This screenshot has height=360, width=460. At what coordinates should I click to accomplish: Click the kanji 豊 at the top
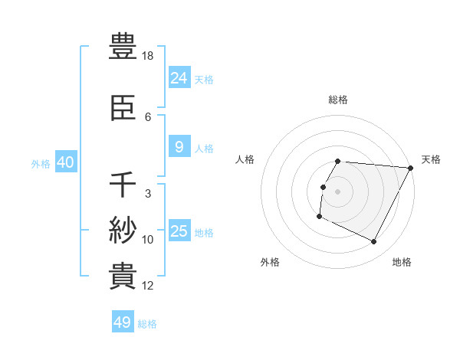pyautogui.click(x=123, y=47)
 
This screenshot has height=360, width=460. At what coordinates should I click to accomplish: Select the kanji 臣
pyautogui.click(x=123, y=110)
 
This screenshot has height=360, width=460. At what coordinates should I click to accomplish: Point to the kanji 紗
pyautogui.click(x=123, y=230)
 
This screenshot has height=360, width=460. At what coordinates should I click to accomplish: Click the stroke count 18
pyautogui.click(x=149, y=57)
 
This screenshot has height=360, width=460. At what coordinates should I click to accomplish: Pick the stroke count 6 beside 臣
pyautogui.click(x=148, y=117)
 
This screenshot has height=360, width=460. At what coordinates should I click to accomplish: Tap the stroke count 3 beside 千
pyautogui.click(x=148, y=194)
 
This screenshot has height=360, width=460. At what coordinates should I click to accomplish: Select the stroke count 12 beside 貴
pyautogui.click(x=148, y=286)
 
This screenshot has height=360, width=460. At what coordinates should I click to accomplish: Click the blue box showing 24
pyautogui.click(x=179, y=77)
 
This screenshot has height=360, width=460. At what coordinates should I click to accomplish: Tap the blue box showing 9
pyautogui.click(x=179, y=147)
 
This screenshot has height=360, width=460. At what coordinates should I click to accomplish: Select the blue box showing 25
pyautogui.click(x=179, y=231)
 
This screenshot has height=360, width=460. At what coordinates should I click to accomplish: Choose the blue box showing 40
pyautogui.click(x=66, y=162)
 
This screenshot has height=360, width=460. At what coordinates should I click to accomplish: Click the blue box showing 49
pyautogui.click(x=123, y=322)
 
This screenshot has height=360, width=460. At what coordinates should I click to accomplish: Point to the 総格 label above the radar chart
pyautogui.click(x=338, y=100)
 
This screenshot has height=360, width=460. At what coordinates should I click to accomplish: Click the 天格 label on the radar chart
pyautogui.click(x=431, y=159)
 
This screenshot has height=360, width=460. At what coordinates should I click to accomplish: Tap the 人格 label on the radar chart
pyautogui.click(x=245, y=159)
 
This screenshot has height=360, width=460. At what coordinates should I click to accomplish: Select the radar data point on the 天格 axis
pyautogui.click(x=411, y=168)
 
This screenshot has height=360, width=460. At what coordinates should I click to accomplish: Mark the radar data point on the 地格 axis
pyautogui.click(x=374, y=242)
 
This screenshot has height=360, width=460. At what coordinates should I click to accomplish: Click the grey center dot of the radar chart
pyautogui.click(x=337, y=191)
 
